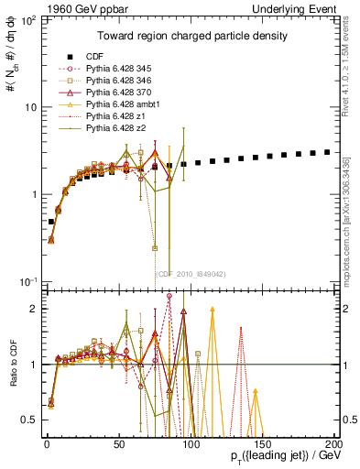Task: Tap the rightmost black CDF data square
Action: click(x=328, y=152)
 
